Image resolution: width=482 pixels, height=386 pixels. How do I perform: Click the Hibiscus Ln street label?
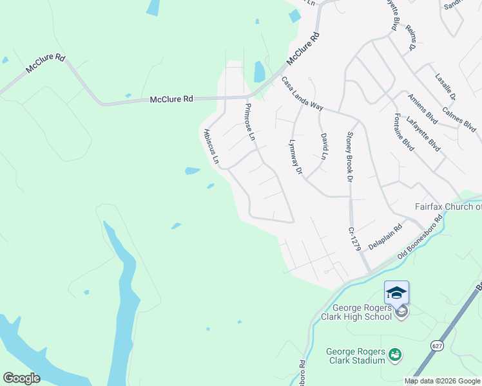click(211, 145)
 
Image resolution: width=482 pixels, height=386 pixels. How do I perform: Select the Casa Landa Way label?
click(302, 94)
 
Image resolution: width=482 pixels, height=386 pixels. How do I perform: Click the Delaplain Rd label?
click(385, 237)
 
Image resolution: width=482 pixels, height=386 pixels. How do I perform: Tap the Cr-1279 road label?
click(352, 238)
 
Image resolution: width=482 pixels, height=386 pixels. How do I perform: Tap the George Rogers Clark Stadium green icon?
click(395, 354)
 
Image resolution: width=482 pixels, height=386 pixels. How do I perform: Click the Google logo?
click(21, 378)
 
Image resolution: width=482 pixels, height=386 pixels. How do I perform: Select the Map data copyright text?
click(442, 381)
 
